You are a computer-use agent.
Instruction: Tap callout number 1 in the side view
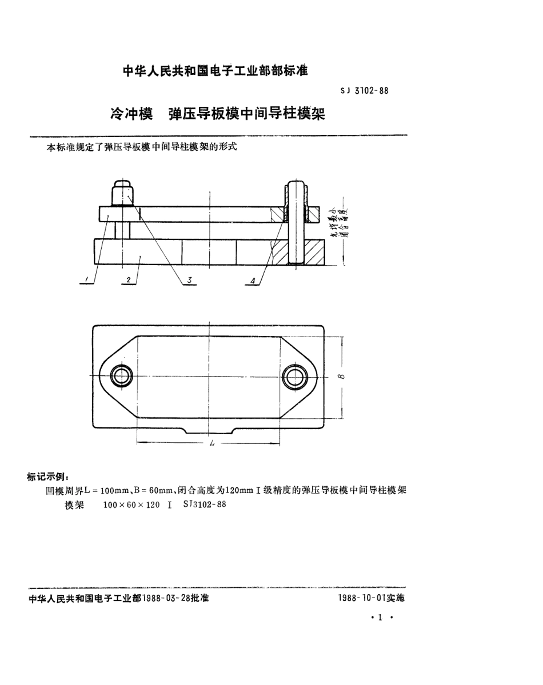pyautogui.click(x=86, y=279)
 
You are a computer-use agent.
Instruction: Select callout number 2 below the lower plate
pyautogui.click(x=129, y=280)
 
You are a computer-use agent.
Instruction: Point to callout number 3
pyautogui.click(x=187, y=280)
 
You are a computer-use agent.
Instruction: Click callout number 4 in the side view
pyautogui.click(x=253, y=280)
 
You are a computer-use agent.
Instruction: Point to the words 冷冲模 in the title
pyautogui.click(x=131, y=113)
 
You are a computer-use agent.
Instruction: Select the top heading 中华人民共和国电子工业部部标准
pyautogui.click(x=216, y=71)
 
